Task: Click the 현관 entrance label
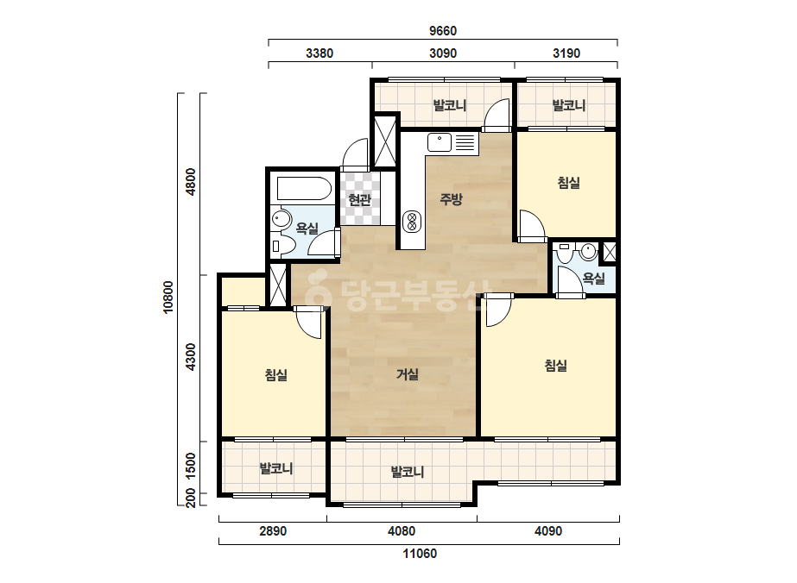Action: (x=359, y=200)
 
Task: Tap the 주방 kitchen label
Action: (x=451, y=199)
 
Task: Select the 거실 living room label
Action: (x=408, y=375)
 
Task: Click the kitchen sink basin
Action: (x=440, y=142)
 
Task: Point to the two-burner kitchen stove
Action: (x=412, y=222)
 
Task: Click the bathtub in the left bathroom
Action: (x=304, y=188)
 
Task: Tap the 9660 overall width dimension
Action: (x=443, y=31)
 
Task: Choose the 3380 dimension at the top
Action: (x=319, y=53)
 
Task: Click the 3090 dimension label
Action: (x=443, y=53)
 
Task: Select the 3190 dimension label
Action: (x=566, y=53)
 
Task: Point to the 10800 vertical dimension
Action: (x=168, y=298)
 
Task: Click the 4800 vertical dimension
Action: (x=191, y=182)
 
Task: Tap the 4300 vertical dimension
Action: (x=191, y=357)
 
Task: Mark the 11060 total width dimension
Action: (x=420, y=554)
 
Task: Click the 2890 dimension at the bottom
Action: (x=273, y=531)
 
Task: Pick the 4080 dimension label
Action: (x=402, y=531)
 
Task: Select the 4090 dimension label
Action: (x=548, y=531)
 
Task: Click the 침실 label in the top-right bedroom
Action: (x=569, y=182)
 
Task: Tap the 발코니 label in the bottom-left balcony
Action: (x=276, y=468)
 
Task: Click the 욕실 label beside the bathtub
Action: (x=307, y=229)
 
